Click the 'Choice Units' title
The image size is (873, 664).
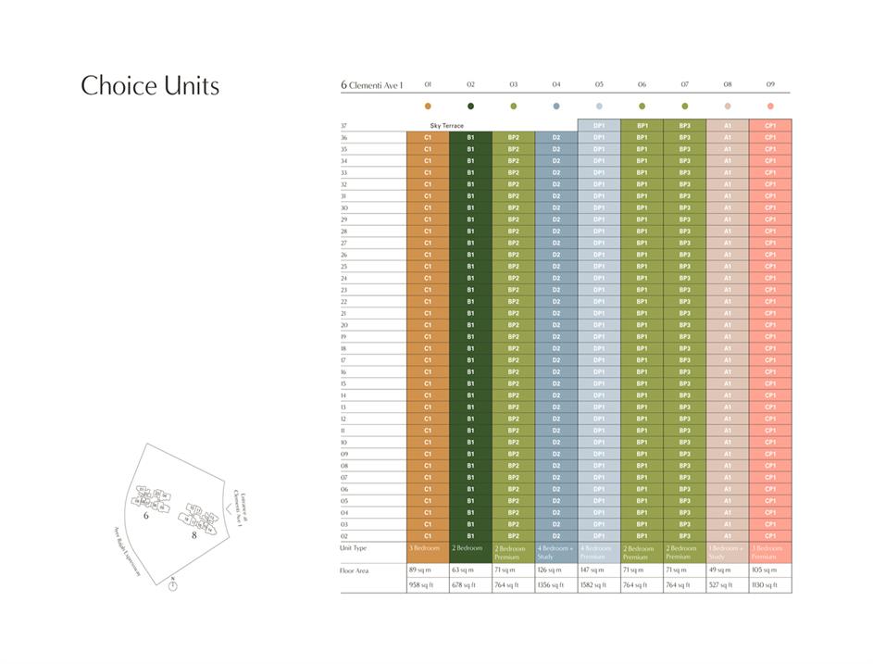click(x=150, y=86)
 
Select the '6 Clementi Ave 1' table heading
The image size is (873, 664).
click(x=372, y=85)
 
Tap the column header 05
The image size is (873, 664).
click(x=599, y=84)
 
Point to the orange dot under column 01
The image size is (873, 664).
click(x=428, y=106)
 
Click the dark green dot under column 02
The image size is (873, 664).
click(x=470, y=106)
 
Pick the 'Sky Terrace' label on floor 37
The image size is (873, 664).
click(x=446, y=125)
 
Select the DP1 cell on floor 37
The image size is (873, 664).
click(x=599, y=125)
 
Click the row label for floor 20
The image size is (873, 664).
click(x=344, y=325)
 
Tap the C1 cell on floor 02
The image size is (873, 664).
click(x=428, y=536)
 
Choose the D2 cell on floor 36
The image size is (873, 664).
click(x=556, y=137)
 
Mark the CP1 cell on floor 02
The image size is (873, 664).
click(x=770, y=536)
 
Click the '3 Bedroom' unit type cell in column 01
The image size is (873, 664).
click(x=425, y=548)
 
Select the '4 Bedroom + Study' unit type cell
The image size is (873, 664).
click(x=556, y=553)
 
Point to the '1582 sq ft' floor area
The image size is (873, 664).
click(x=595, y=585)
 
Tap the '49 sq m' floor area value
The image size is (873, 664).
click(x=721, y=570)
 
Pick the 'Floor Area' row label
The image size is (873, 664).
click(x=355, y=570)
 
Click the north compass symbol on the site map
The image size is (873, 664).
click(x=172, y=587)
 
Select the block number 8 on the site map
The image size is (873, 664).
click(x=194, y=535)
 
